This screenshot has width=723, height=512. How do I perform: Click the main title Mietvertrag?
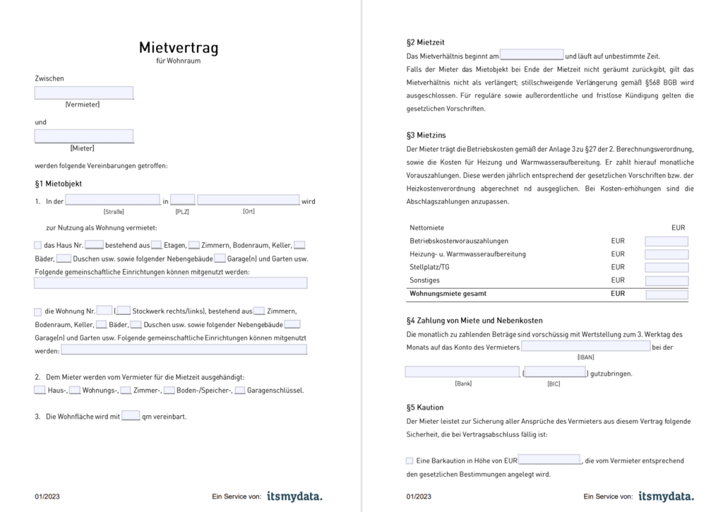179,48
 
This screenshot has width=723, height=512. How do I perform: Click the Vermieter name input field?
84,93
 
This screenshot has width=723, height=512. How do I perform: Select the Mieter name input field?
84,136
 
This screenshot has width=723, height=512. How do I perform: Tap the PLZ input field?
183,201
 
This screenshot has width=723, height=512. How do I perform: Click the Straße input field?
113,201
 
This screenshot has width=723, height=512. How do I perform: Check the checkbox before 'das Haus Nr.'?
38,245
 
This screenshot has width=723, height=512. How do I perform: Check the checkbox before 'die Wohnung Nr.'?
38,311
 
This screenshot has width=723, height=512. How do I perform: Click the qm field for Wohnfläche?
131,416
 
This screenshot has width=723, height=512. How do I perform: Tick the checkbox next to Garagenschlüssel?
240,390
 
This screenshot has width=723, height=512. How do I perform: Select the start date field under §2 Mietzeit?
532,55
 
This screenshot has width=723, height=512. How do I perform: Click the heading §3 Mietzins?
426,135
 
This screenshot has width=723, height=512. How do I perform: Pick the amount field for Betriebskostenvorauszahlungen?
666,242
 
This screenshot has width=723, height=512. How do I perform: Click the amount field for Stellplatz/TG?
666,268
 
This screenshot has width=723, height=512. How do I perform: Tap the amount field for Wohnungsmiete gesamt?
666,294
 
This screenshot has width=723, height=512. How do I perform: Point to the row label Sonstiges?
425,280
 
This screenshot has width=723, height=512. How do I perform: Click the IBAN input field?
585,346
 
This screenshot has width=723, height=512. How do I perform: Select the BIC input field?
555,372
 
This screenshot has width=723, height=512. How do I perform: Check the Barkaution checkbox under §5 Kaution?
410,460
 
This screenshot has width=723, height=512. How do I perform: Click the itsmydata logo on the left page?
294,496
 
